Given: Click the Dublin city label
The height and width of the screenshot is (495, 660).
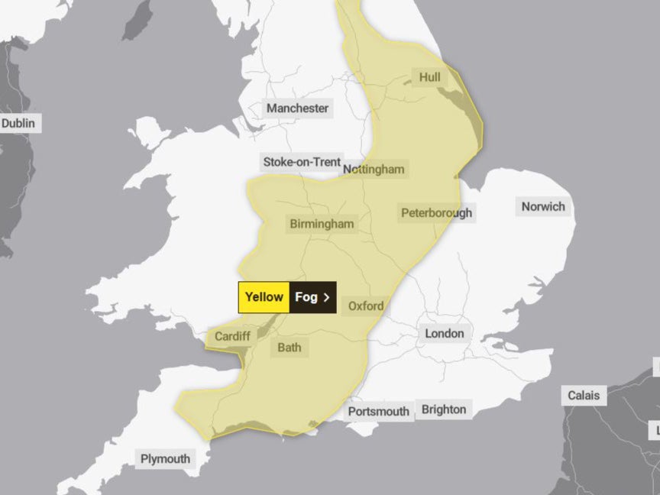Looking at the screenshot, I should [x=18, y=123].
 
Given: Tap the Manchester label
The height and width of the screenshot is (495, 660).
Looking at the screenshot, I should [x=297, y=108].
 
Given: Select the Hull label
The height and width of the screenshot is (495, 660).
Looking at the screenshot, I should [x=430, y=76].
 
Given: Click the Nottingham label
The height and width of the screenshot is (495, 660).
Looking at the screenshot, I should [x=374, y=169].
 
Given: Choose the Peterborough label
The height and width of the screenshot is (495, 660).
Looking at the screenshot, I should [x=436, y=213].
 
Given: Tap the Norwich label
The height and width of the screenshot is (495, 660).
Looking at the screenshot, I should [x=543, y=206].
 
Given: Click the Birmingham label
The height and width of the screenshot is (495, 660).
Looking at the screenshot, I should [x=322, y=224].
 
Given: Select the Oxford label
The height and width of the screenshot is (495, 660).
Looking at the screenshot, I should [x=366, y=306].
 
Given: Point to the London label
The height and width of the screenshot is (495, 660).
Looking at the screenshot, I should [x=444, y=333].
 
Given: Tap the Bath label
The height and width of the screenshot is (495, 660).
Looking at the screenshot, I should [x=289, y=348].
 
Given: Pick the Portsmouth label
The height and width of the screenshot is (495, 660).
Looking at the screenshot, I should [x=378, y=411].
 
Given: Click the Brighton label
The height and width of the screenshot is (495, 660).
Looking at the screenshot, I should [x=443, y=409].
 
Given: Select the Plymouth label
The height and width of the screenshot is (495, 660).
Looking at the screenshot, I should [x=164, y=458].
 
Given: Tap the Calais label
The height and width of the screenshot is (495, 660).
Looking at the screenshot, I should [x=584, y=396].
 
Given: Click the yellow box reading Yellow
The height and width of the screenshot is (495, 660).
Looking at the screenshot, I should [x=264, y=297].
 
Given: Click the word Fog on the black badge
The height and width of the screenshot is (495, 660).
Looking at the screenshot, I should [x=306, y=297].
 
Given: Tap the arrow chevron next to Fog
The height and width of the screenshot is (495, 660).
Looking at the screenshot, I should [x=326, y=297].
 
